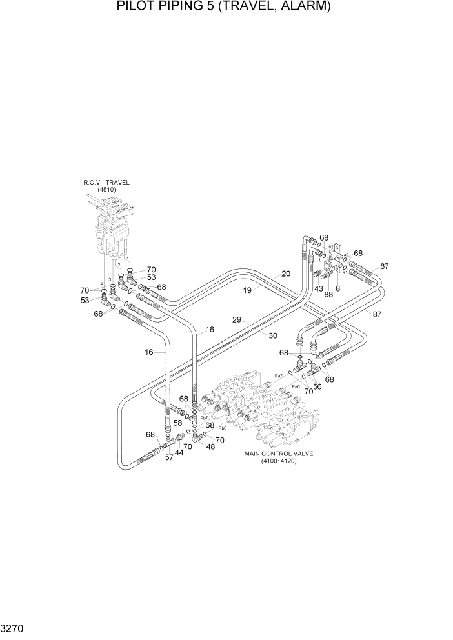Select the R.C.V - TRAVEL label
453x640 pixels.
(x=106, y=183)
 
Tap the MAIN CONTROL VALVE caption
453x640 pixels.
(x=278, y=454)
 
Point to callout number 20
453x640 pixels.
(x=285, y=274)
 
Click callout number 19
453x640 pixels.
(x=247, y=291)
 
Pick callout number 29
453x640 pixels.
(x=237, y=320)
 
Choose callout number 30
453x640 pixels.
(x=272, y=335)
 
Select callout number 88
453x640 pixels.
(x=328, y=295)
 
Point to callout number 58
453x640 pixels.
(x=177, y=423)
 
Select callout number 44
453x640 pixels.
(x=179, y=454)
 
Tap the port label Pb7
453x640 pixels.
(x=203, y=417)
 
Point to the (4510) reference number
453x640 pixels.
(x=106, y=190)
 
